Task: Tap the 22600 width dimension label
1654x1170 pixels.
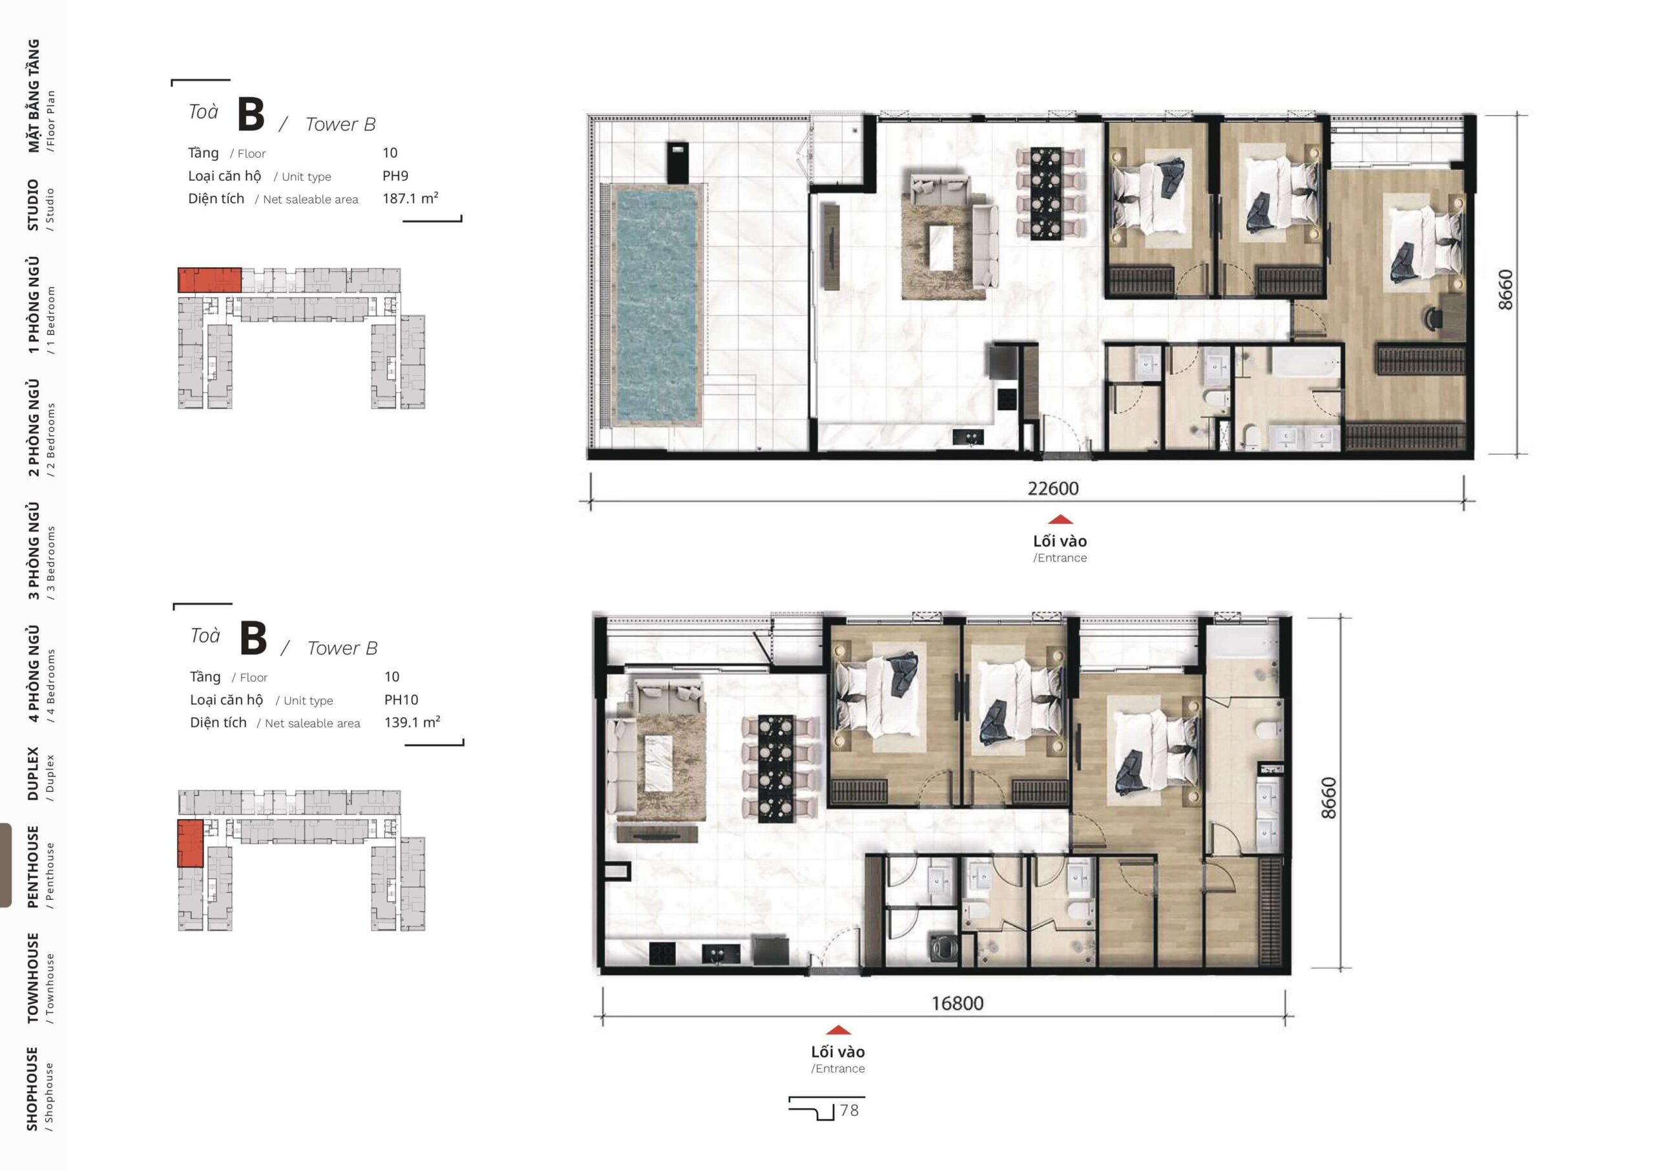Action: (x=1052, y=488)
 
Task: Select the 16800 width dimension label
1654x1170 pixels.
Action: (x=958, y=1003)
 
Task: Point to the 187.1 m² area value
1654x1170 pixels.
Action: (x=411, y=198)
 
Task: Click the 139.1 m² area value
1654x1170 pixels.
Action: (x=412, y=722)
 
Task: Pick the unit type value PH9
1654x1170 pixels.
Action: (x=395, y=176)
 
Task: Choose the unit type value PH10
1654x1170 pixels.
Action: (x=401, y=700)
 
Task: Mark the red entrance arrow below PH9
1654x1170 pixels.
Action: (x=1060, y=519)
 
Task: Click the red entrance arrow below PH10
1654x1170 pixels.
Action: (x=838, y=1030)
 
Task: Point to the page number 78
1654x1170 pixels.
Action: (x=850, y=1110)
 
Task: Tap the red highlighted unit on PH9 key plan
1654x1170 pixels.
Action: (x=209, y=280)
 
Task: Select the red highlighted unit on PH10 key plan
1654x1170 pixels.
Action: (x=190, y=842)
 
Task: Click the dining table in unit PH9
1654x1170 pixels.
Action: (x=1045, y=193)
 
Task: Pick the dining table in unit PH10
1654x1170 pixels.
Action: (x=776, y=768)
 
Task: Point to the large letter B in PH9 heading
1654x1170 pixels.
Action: (x=251, y=114)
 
